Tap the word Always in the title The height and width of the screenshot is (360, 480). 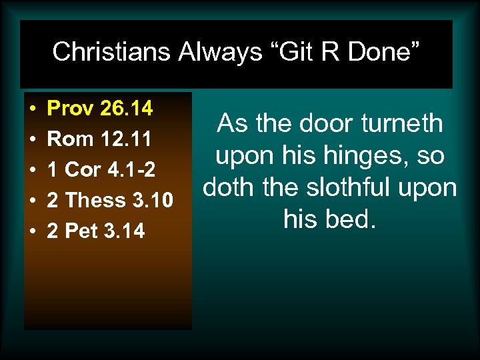(x=220, y=51)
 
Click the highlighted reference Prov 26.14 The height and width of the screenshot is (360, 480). (x=101, y=108)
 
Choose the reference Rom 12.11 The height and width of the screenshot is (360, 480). (x=101, y=139)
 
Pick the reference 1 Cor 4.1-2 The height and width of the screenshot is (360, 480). (x=102, y=170)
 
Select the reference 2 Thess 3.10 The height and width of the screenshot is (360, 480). (x=111, y=200)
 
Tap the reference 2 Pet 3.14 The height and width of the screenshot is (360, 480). (x=96, y=231)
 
